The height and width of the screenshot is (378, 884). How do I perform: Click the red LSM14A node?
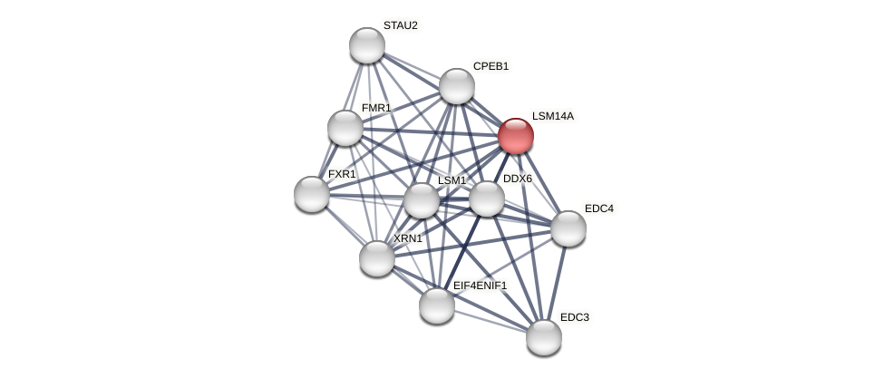pyautogui.click(x=515, y=136)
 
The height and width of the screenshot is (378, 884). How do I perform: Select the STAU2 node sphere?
pyautogui.click(x=367, y=45)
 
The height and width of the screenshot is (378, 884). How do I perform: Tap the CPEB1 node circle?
pyautogui.click(x=457, y=86)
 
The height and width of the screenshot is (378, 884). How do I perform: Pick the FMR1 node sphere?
pyautogui.click(x=345, y=128)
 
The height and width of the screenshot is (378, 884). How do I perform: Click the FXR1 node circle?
pyautogui.click(x=312, y=194)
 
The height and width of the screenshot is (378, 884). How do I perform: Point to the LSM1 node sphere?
pyautogui.click(x=422, y=200)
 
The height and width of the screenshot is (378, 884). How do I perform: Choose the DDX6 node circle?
pyautogui.click(x=487, y=199)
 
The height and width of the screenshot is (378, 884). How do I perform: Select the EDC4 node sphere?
pyautogui.click(x=568, y=228)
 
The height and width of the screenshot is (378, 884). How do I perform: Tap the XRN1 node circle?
pyautogui.click(x=377, y=258)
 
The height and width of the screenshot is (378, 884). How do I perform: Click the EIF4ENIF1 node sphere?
pyautogui.click(x=437, y=305)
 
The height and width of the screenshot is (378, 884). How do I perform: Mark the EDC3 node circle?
pyautogui.click(x=544, y=337)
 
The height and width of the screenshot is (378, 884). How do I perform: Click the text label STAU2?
pyautogui.click(x=400, y=25)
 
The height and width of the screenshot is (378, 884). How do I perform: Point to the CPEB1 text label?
pyautogui.click(x=491, y=66)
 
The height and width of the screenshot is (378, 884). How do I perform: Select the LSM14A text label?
pyautogui.click(x=552, y=116)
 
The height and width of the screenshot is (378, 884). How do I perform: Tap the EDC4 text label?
pyautogui.click(x=598, y=208)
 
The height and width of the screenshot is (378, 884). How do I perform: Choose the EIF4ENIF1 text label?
pyautogui.click(x=480, y=286)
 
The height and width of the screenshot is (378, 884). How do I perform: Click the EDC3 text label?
pyautogui.click(x=574, y=317)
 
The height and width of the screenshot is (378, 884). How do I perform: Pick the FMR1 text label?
pyautogui.click(x=375, y=108)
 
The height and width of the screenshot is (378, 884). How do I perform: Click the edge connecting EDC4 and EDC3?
pyautogui.click(x=557, y=282)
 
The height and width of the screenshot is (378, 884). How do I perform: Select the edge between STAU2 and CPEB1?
pyautogui.click(x=413, y=66)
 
